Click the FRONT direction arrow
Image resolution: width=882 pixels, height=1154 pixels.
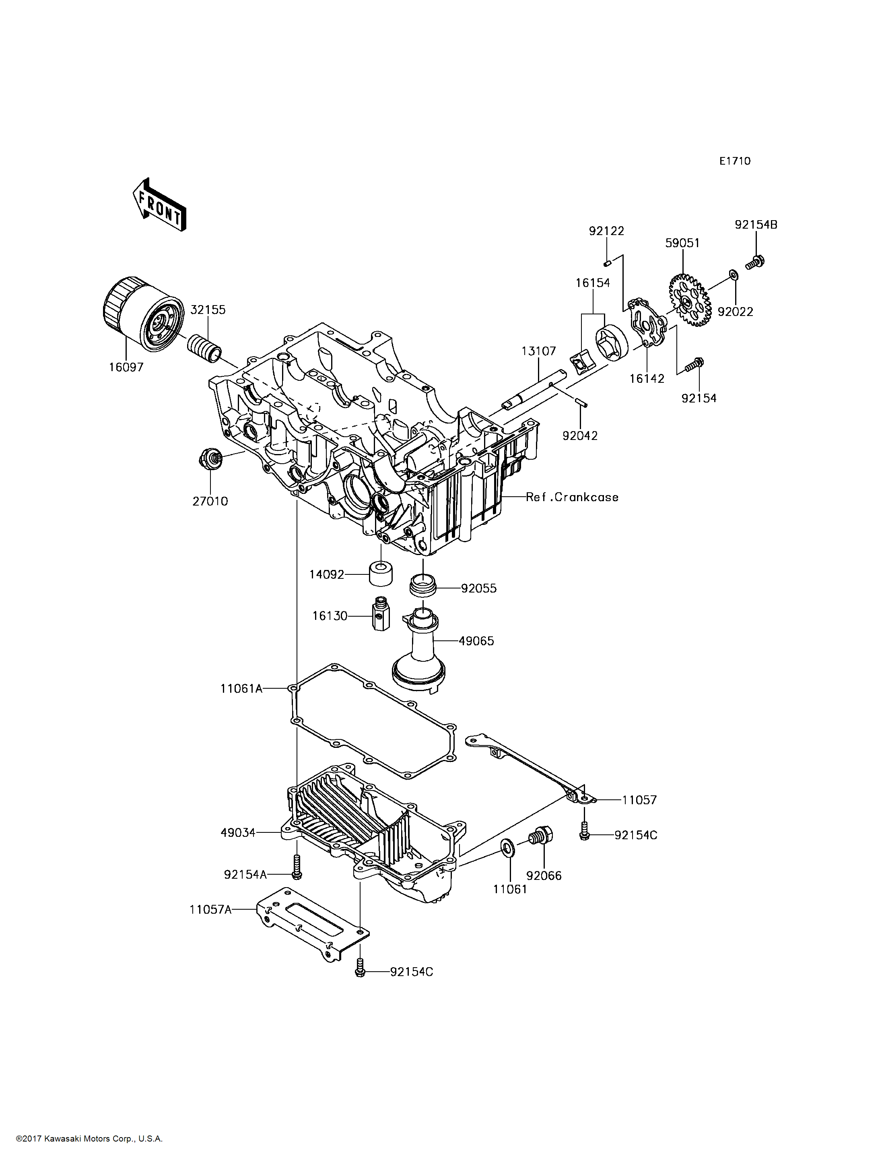click(x=159, y=205)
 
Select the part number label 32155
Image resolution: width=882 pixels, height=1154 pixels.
click(x=208, y=310)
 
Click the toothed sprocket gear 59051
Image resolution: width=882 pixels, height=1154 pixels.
click(x=689, y=300)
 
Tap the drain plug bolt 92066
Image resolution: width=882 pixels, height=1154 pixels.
click(x=540, y=836)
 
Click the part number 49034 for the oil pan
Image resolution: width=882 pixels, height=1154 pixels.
click(x=238, y=832)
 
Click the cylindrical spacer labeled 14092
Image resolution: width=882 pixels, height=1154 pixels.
click(x=381, y=574)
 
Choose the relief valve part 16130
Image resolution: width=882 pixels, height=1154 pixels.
click(x=379, y=613)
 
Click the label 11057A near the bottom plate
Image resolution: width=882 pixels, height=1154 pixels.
click(x=210, y=909)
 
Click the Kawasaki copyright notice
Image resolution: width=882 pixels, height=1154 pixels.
click(x=89, y=1139)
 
